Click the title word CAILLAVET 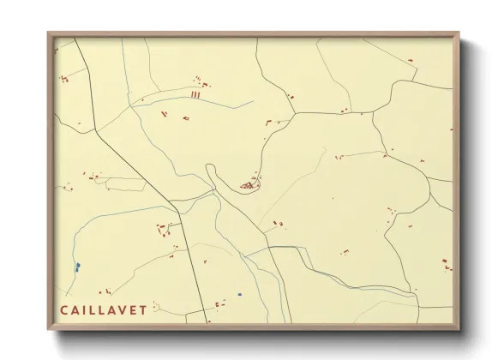pos(103,309)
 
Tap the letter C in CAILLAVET pos(63,309)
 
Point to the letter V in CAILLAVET pos(121,309)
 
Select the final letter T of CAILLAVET pos(142,309)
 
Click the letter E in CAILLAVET pos(132,309)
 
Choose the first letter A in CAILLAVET pos(74,309)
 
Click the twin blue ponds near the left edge pos(77,267)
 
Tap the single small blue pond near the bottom pos(240,294)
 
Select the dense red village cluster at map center pos(249,184)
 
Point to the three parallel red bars pos(195,95)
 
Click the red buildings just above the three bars pos(201,82)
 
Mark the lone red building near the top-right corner pos(410,60)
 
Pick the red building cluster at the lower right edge pos(446,265)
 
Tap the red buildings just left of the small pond pos(220,303)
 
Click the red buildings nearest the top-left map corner pos(63,79)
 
